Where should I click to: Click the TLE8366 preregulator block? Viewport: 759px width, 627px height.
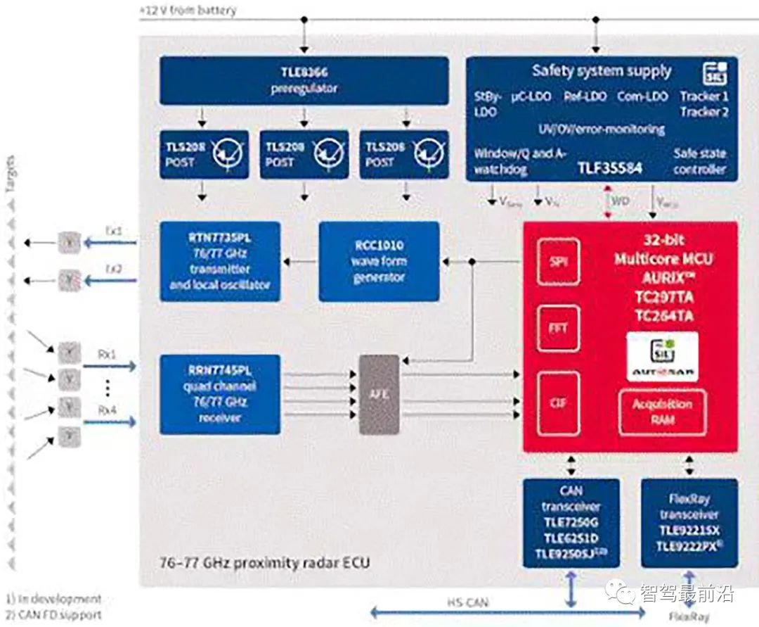304,80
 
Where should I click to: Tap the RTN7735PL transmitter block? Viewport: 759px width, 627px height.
219,261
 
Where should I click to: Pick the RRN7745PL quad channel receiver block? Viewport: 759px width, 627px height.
219,394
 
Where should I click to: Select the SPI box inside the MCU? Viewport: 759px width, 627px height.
558,261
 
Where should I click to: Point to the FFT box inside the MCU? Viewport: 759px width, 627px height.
558,328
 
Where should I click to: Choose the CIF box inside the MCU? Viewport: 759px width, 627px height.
558,403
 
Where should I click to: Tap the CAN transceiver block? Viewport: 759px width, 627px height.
571,522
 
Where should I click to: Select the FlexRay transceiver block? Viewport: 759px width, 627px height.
689,522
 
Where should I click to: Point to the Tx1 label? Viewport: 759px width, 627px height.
113,232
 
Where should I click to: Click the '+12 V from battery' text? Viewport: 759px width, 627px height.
188,11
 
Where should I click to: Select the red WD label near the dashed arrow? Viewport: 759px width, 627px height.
621,201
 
